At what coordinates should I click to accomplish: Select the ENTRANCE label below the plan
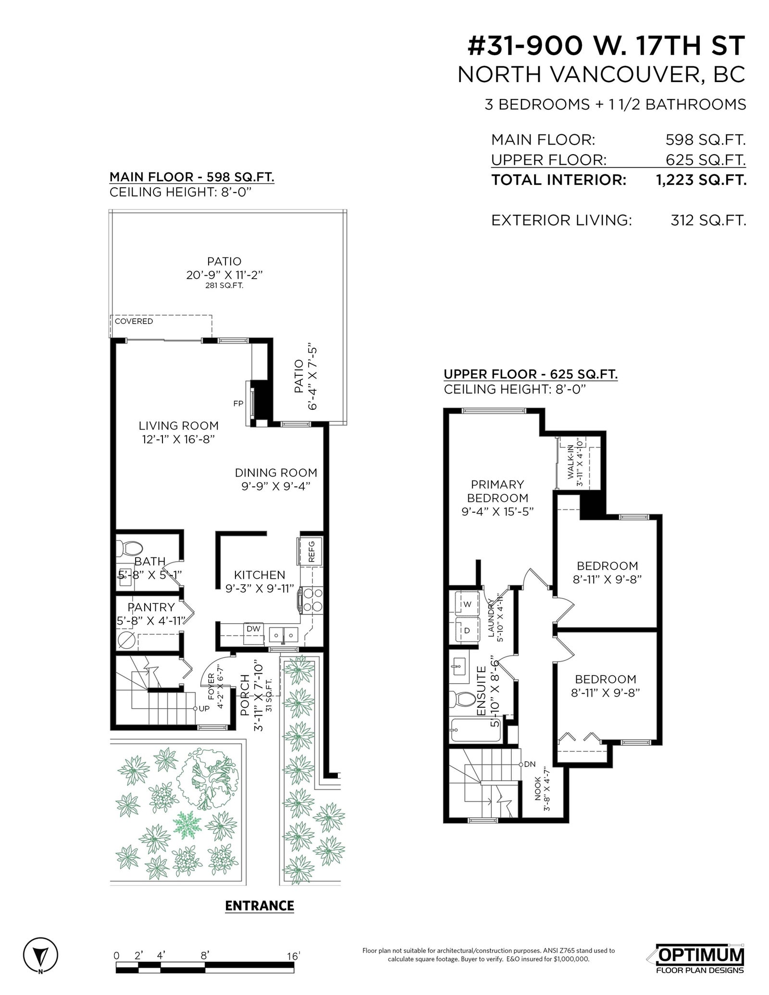(260, 906)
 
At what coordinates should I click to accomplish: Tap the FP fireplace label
(238, 404)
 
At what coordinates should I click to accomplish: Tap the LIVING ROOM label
(179, 426)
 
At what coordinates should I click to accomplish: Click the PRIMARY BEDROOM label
(497, 491)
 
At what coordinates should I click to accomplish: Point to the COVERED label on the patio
(134, 321)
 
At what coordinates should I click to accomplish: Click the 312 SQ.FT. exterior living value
(708, 221)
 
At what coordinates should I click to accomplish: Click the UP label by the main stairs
(204, 709)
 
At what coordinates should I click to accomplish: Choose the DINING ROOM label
(276, 473)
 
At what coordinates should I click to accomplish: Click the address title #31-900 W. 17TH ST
(607, 46)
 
